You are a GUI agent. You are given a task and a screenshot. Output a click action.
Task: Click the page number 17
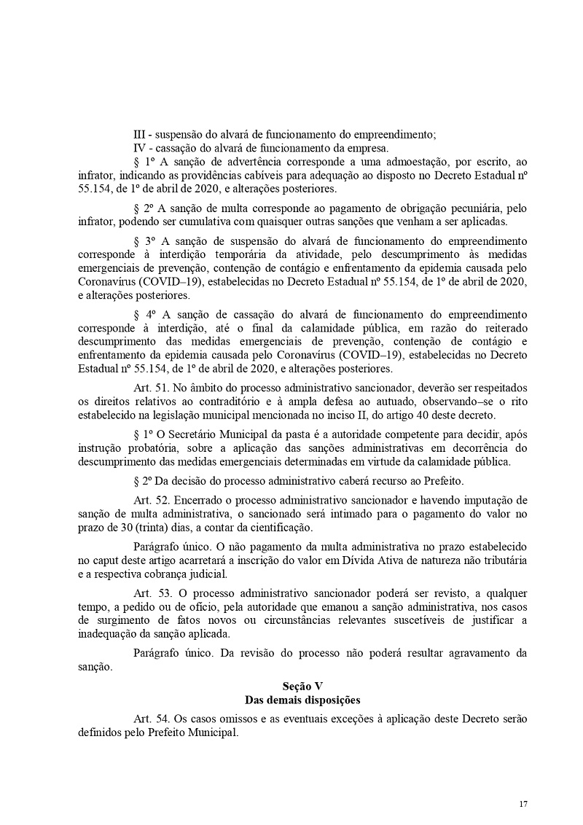[523, 803]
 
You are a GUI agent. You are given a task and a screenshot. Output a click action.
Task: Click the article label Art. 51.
[149, 386]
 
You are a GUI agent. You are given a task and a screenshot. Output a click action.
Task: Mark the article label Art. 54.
[149, 719]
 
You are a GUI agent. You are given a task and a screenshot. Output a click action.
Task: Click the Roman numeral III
[139, 134]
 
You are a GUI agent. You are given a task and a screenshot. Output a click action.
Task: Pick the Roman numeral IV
[140, 147]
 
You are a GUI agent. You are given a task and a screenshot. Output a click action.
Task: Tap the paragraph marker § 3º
[145, 241]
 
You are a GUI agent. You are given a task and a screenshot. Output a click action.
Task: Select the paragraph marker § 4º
[145, 314]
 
